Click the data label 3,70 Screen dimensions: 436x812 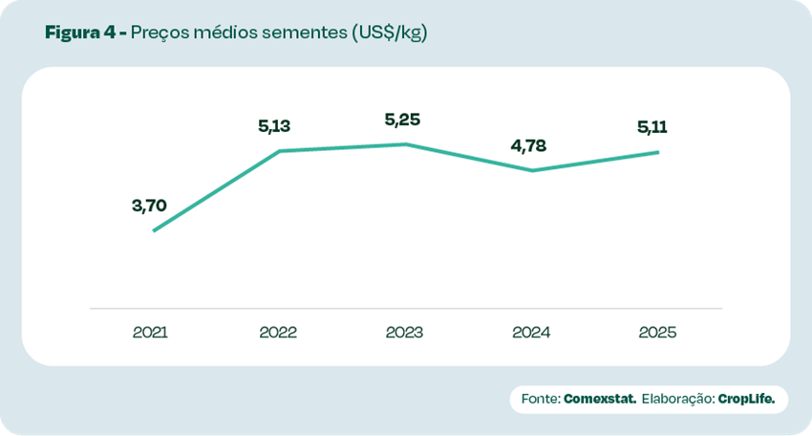click(150, 205)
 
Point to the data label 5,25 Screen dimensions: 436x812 click(402, 120)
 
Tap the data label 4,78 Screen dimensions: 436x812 click(529, 146)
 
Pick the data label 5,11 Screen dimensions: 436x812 click(655, 127)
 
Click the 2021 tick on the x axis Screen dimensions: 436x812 click(151, 333)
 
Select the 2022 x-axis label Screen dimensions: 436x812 click(278, 333)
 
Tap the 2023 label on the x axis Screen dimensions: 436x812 click(404, 333)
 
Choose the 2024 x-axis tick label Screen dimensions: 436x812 click(531, 333)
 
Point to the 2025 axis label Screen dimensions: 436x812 click(657, 333)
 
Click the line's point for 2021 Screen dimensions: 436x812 click(154, 230)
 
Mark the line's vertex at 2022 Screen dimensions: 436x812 click(279, 151)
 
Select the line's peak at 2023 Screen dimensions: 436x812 click(406, 144)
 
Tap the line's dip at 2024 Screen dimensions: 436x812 click(532, 170)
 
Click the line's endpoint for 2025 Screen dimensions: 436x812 click(658, 152)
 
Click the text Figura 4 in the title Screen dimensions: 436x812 click(80, 33)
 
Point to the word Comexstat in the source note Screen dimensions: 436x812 click(600, 398)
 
